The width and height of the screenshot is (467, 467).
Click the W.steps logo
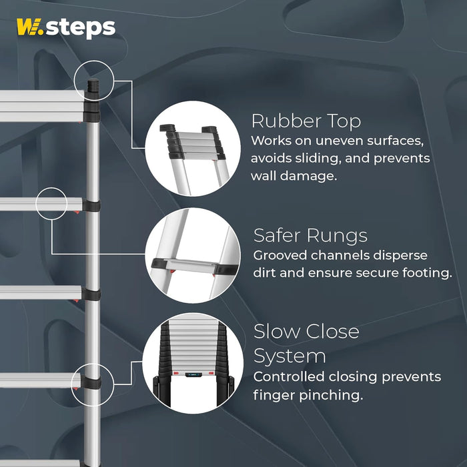point(65,28)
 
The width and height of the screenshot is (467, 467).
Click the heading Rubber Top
point(306,121)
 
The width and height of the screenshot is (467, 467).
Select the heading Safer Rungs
point(310,236)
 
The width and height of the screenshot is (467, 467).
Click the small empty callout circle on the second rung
point(51,203)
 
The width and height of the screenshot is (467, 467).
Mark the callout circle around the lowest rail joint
point(93,385)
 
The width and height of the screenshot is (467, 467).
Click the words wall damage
point(290,176)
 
